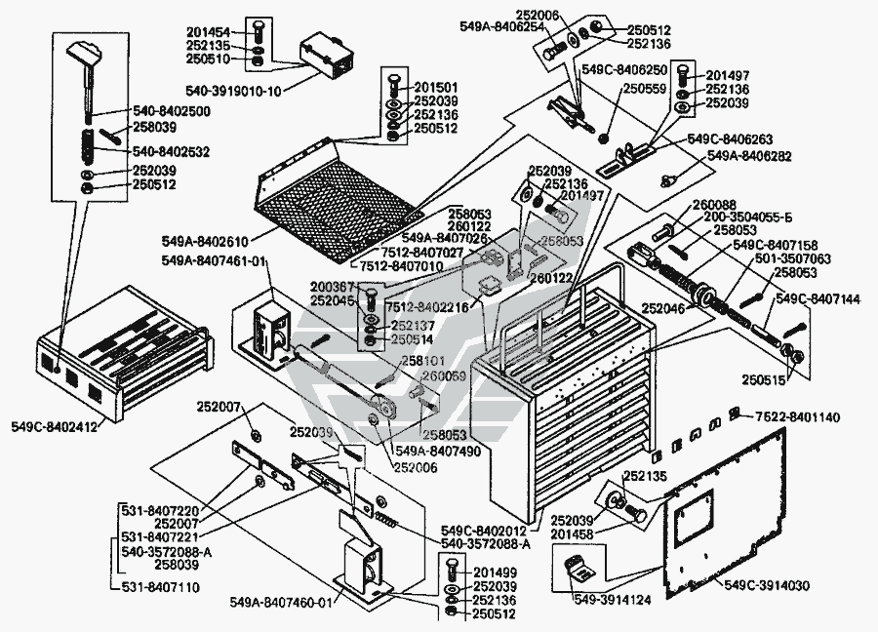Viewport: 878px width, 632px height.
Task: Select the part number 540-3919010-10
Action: tap(234, 91)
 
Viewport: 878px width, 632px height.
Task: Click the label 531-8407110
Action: tap(160, 588)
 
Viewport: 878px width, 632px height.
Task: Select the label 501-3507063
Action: tap(794, 259)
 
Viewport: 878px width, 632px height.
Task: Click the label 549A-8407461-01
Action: tap(214, 261)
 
